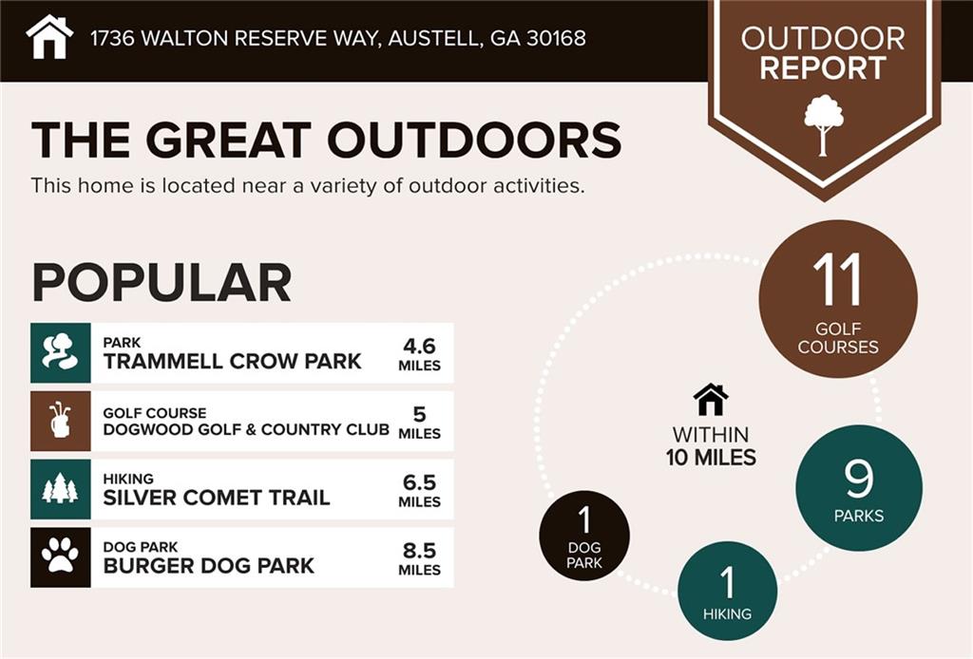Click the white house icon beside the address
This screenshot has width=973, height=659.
49,37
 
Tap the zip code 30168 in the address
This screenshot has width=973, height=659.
556,38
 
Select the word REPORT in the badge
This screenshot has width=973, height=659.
823,68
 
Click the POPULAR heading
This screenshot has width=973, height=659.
162,282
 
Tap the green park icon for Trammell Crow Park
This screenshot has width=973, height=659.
60,352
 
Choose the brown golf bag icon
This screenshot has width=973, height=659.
60,421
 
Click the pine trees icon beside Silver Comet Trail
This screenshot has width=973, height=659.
60,488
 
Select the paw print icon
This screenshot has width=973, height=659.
60,556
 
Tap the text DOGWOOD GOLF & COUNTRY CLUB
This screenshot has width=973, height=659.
246,429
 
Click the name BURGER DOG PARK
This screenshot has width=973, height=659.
208,565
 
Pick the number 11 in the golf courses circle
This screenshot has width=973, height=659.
837,279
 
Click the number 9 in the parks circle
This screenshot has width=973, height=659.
859,478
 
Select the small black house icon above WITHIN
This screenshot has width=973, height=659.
711,400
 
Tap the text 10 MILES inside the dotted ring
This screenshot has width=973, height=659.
711,458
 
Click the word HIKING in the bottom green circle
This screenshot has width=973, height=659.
727,613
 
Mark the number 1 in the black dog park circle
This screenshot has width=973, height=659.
584,519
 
